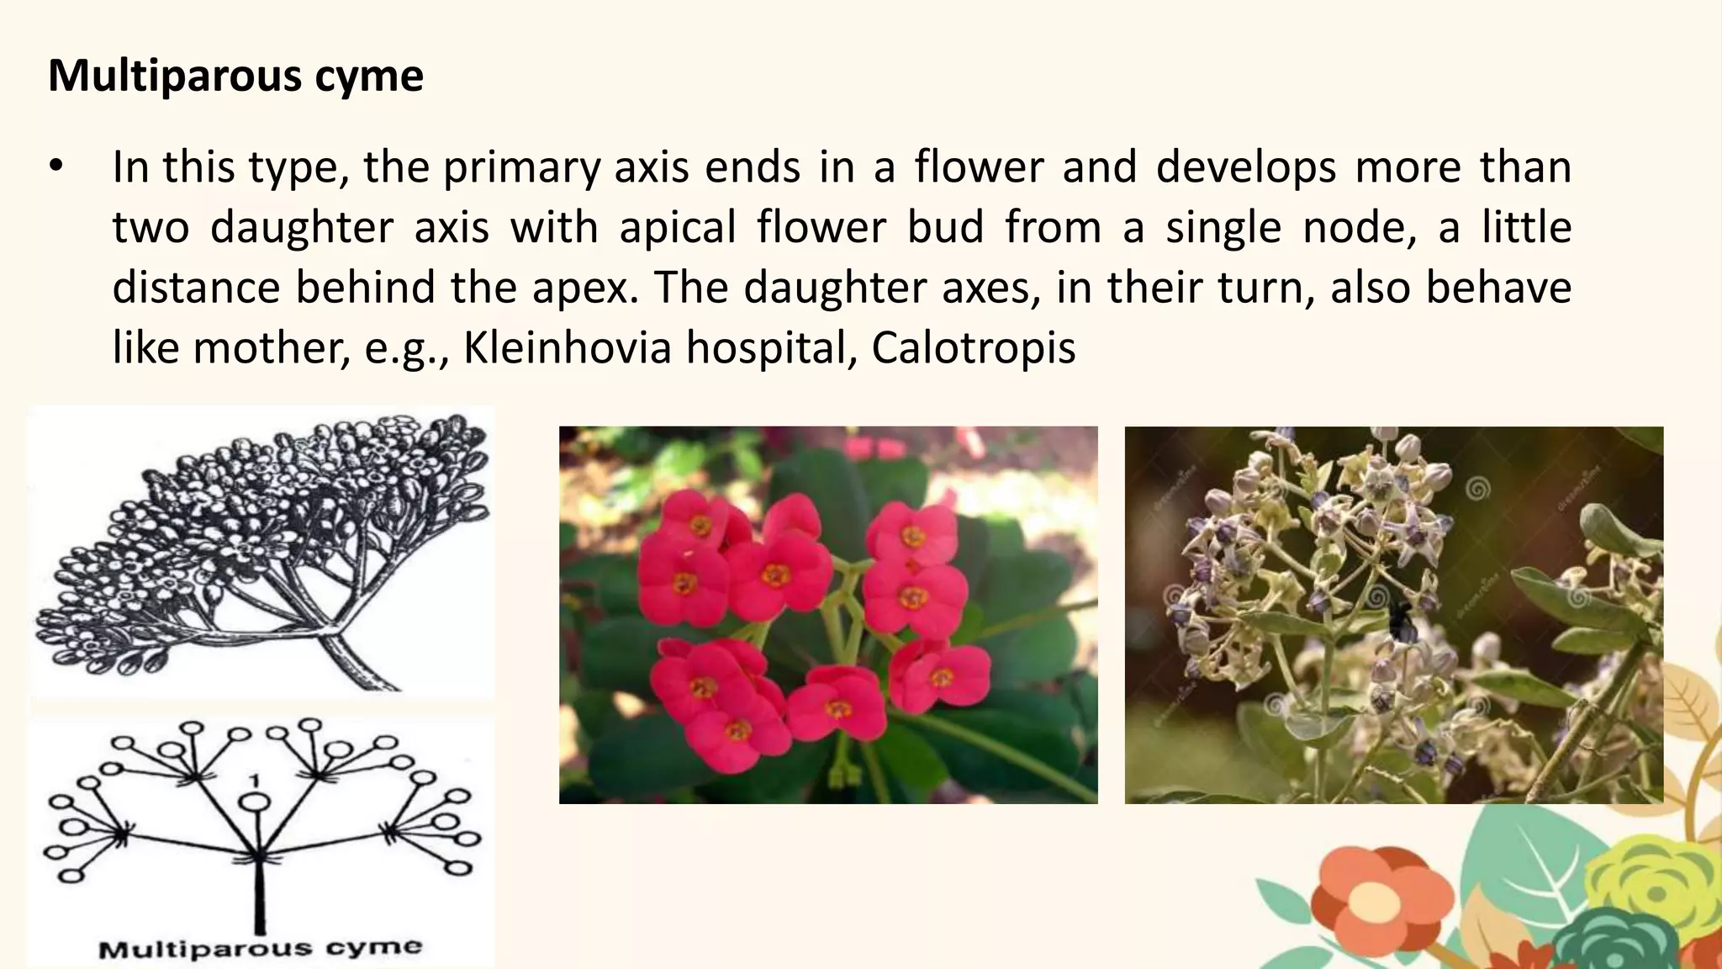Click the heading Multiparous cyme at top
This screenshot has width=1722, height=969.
235,76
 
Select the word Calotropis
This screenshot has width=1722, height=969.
973,347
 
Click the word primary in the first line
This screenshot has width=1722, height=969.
521,167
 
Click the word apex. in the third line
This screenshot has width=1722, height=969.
585,288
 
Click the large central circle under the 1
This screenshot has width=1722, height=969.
256,802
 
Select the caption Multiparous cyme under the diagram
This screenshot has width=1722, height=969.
260,949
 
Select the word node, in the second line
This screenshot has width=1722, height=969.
1355,228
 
